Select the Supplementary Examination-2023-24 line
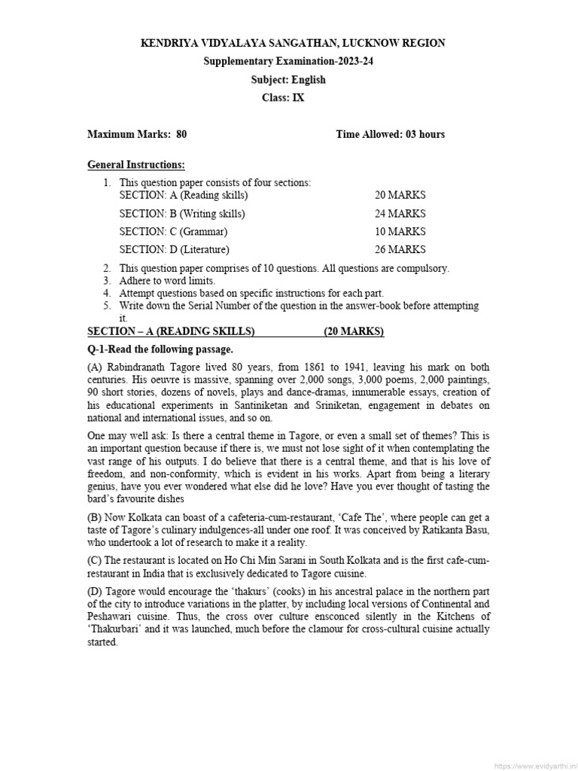288,62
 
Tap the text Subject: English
288,80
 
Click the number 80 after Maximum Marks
181,135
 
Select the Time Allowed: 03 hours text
390,135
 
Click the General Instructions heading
136,165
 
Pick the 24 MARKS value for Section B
400,214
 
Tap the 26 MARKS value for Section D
400,250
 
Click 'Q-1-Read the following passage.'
160,349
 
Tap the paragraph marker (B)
96,517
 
